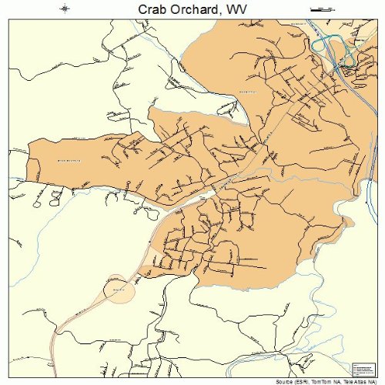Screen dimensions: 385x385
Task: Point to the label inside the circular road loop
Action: point(118,289)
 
